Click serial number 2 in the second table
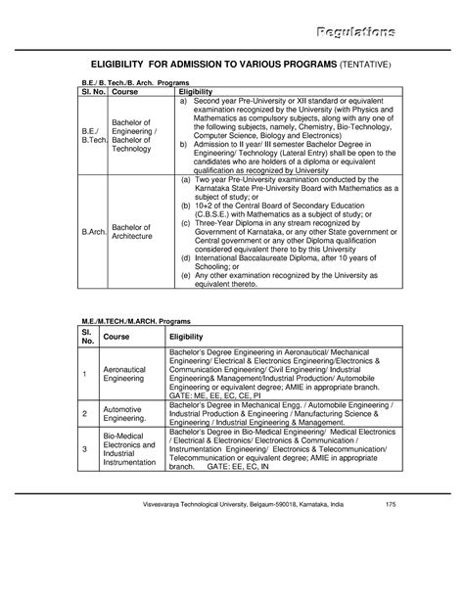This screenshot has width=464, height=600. click(85, 413)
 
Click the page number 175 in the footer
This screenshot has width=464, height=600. click(391, 559)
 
